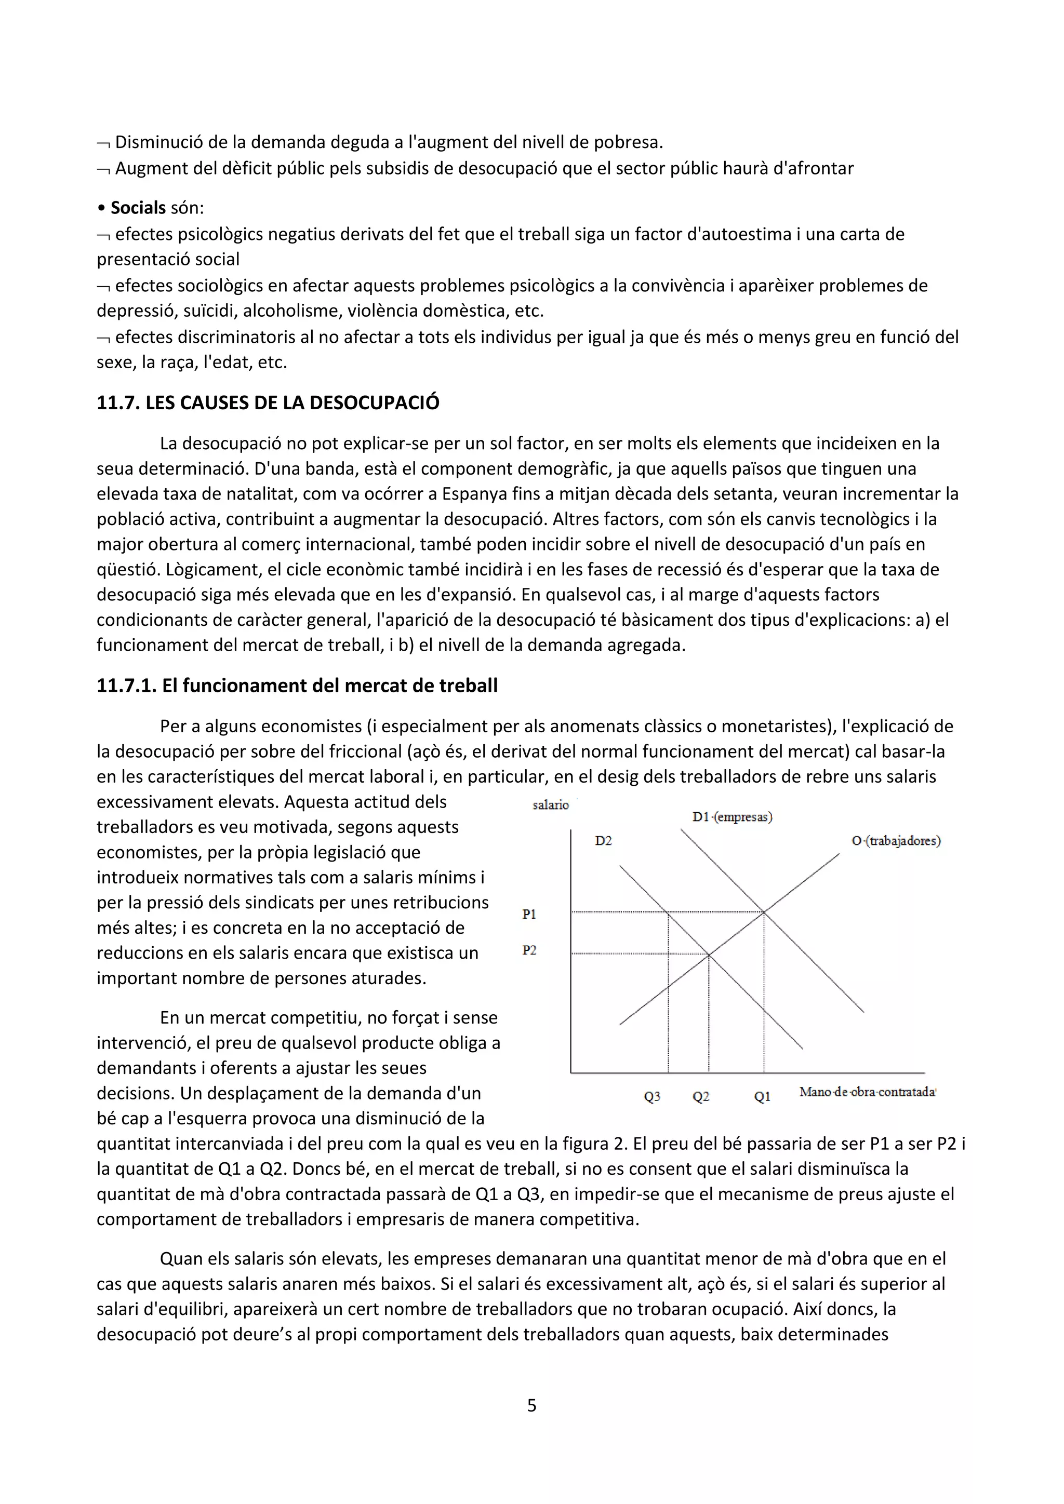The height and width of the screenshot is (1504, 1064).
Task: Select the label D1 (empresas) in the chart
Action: point(732,817)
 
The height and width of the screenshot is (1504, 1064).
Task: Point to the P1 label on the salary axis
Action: point(529,915)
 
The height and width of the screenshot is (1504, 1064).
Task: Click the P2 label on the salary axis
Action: point(529,950)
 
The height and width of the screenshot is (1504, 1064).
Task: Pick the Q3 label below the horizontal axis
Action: point(652,1096)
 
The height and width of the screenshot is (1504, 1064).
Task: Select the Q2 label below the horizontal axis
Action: point(700,1096)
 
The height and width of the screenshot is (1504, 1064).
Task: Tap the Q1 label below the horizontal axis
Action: point(762,1096)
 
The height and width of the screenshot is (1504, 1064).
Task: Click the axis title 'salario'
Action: point(550,805)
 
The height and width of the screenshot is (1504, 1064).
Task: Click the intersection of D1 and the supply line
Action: point(764,911)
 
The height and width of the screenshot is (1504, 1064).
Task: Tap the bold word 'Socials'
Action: point(138,208)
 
